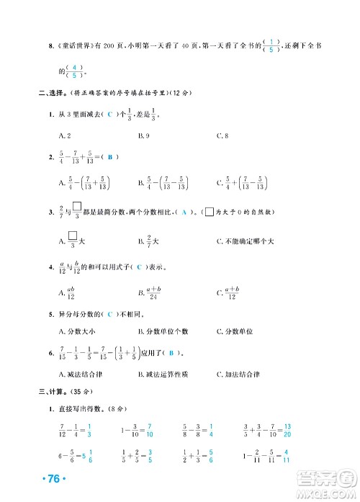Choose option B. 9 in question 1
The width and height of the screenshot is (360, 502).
[x=143, y=135]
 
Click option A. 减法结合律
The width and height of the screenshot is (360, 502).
[x=81, y=373]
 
